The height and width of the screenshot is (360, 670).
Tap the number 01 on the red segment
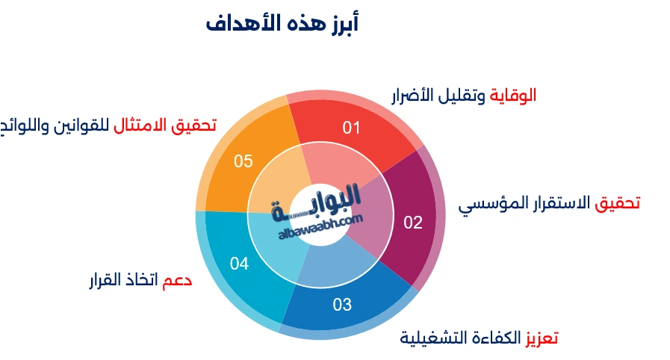tap(351, 128)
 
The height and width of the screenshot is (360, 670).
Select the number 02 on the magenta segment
tap(413, 222)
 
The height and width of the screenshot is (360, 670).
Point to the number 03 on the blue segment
tap(342, 304)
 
